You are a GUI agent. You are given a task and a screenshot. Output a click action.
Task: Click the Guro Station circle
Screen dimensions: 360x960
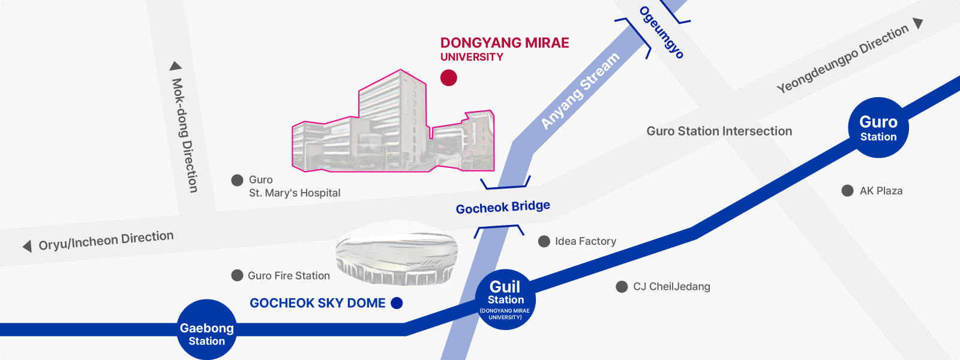click(x=878, y=128)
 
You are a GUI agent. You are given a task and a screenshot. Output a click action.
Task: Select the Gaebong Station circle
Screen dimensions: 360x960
click(x=206, y=330)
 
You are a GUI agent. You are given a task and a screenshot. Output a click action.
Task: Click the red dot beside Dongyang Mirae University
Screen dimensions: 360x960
click(x=449, y=77)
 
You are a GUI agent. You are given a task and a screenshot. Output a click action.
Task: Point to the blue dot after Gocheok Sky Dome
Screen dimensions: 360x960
click(x=397, y=303)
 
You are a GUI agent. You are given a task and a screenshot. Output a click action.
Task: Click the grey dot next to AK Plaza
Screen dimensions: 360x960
click(x=847, y=191)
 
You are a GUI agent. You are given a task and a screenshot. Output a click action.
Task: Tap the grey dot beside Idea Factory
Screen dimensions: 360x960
click(x=544, y=241)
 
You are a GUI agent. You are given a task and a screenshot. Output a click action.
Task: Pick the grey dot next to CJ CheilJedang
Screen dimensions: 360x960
click(x=622, y=287)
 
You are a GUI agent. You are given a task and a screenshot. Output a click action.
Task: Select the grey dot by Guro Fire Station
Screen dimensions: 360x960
click(x=237, y=275)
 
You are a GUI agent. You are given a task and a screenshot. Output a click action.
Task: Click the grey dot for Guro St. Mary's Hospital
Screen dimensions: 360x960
click(x=237, y=180)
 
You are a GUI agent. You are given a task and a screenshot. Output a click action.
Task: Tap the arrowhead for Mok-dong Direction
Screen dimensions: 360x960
click(x=176, y=66)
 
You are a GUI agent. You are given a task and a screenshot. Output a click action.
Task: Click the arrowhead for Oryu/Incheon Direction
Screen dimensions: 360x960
click(x=27, y=246)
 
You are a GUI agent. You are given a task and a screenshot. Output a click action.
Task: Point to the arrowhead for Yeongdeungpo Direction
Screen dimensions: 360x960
click(x=917, y=23)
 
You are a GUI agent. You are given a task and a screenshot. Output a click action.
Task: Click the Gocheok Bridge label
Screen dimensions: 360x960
click(x=503, y=208)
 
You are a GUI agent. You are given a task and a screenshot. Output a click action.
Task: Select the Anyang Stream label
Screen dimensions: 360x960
click(x=580, y=91)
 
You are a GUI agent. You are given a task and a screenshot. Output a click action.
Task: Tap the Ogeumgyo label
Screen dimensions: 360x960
click(x=661, y=32)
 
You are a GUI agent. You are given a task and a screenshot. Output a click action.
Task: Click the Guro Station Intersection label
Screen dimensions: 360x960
click(x=719, y=131)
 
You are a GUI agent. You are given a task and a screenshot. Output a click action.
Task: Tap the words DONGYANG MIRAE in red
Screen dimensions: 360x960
click(x=505, y=43)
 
